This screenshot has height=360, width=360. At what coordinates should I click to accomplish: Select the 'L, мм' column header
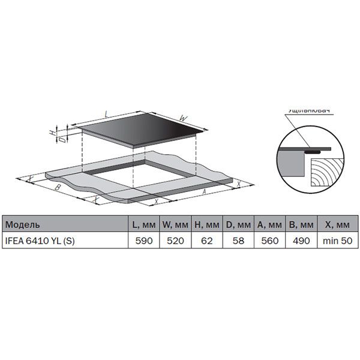[x=143, y=225]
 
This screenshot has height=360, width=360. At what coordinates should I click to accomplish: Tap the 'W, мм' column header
[x=175, y=225]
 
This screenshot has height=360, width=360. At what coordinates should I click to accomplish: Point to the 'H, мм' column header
[x=206, y=225]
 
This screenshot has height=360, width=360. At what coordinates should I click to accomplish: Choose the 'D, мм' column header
[x=238, y=225]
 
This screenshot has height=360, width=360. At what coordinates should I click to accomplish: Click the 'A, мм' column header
[x=268, y=225]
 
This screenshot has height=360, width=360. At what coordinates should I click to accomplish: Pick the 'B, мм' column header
[x=299, y=225]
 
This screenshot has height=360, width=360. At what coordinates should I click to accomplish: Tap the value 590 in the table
[x=143, y=240]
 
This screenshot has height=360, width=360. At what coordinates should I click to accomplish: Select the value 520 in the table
[x=175, y=240]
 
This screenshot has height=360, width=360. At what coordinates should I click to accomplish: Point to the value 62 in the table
[x=206, y=240]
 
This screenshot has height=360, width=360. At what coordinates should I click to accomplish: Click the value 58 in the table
[x=238, y=240]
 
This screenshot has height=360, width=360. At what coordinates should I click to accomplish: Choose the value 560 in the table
[x=268, y=240]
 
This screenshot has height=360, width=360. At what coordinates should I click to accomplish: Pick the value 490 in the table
[x=299, y=240]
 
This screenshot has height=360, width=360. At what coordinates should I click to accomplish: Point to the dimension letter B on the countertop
[x=58, y=188]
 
